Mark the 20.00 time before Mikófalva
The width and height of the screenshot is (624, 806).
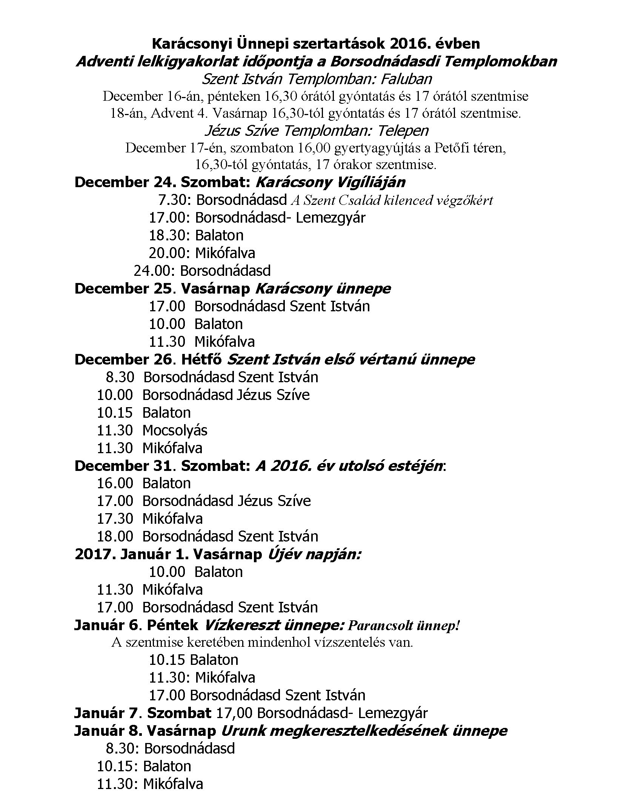169,253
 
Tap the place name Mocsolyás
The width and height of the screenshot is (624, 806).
175,430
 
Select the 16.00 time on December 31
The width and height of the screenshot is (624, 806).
115,483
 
